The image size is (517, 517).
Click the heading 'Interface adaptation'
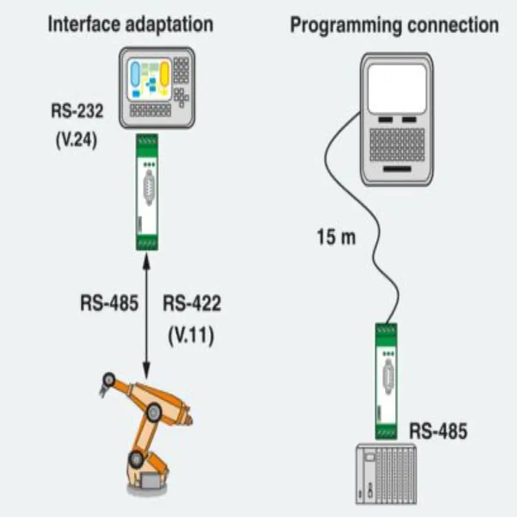pyautogui.click(x=131, y=25)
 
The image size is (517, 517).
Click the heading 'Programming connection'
pyautogui.click(x=394, y=25)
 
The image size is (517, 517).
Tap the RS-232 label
pyautogui.click(x=77, y=111)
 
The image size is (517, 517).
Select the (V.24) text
pyautogui.click(x=76, y=140)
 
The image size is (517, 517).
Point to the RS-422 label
pyautogui.click(x=192, y=303)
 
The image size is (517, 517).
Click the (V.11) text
pyautogui.click(x=191, y=336)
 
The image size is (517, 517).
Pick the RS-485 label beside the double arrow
pyautogui.click(x=109, y=303)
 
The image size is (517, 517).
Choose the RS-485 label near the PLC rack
pyautogui.click(x=438, y=431)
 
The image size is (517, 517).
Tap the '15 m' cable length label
pyautogui.click(x=336, y=237)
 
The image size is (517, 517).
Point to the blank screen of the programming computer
pyautogui.click(x=397, y=89)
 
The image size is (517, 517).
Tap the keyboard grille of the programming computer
pyautogui.click(x=397, y=145)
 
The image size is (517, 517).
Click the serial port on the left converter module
pyautogui.click(x=149, y=187)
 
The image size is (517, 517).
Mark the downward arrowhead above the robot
pyautogui.click(x=147, y=370)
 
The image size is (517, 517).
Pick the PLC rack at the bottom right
pyautogui.click(x=386, y=474)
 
